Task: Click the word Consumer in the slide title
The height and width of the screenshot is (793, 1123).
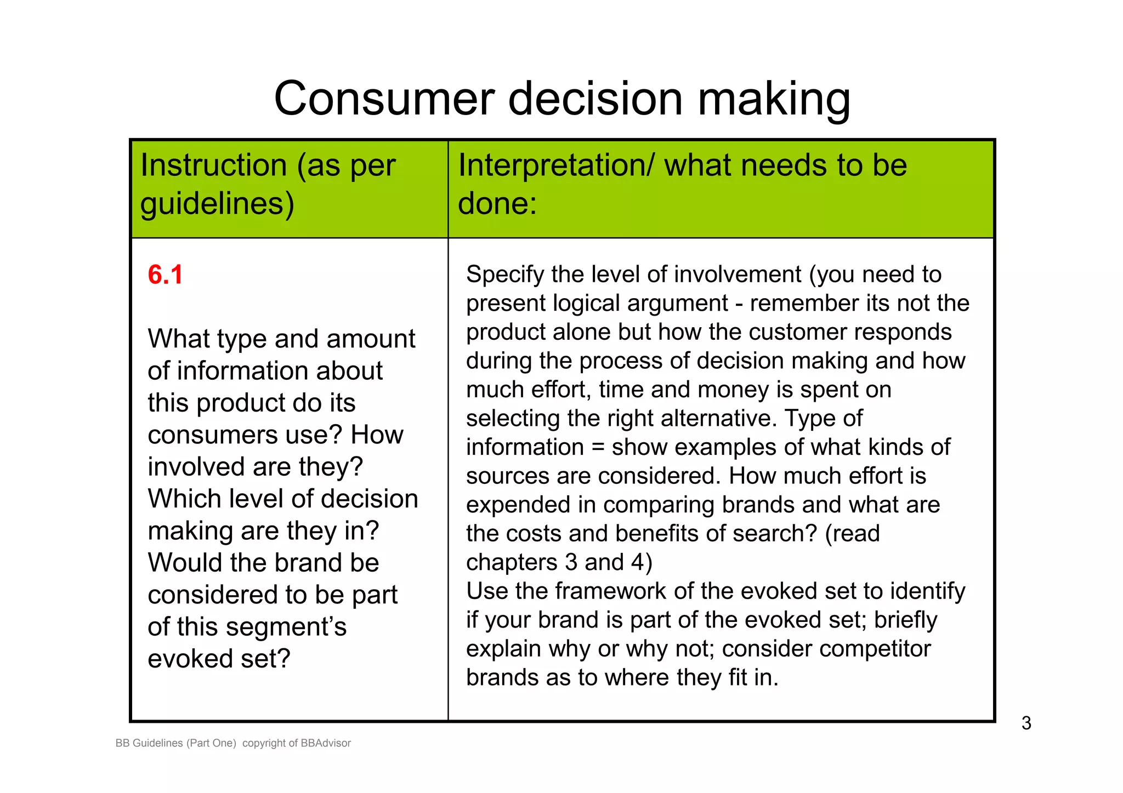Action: click(x=384, y=99)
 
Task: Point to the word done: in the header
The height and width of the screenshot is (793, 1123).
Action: click(x=497, y=203)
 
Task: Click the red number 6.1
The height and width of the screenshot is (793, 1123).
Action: click(x=165, y=275)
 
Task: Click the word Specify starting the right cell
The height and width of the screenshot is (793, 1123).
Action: click(x=505, y=275)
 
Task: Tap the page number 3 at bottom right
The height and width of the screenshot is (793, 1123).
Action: click(x=1026, y=723)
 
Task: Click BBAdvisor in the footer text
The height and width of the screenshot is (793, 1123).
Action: click(x=326, y=743)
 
